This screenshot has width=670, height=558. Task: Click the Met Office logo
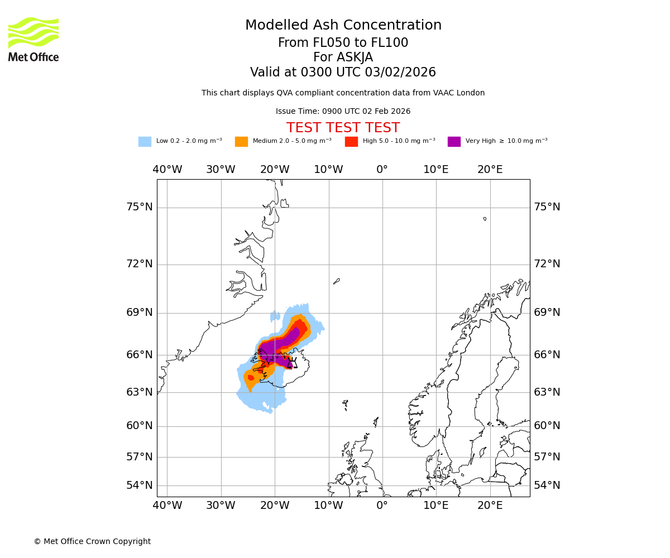point(33,39)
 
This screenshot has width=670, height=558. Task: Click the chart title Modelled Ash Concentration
point(343,26)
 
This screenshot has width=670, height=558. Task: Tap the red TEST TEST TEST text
point(343,128)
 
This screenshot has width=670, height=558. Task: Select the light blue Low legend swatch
point(145,142)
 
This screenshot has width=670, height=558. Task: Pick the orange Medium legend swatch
point(241,142)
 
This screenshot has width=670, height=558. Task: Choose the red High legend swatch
point(351,142)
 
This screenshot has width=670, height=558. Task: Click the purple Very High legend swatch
point(454,142)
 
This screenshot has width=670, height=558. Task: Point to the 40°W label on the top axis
point(167,170)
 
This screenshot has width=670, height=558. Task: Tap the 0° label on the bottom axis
point(382,506)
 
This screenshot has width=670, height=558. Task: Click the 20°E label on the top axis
point(490,170)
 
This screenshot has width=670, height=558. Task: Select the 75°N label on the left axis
point(139,207)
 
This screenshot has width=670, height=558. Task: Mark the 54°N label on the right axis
point(547,485)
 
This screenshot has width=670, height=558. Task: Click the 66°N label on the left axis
point(139,355)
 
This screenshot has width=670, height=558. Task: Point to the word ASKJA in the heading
point(343,57)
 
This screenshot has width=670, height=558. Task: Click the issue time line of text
point(343,112)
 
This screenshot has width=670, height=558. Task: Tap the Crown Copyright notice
point(92,542)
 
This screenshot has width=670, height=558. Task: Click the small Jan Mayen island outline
point(337,281)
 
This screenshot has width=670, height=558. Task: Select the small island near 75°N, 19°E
point(485,219)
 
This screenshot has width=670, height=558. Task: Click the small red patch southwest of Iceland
point(251,378)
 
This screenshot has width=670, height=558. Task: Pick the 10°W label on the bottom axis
point(328,506)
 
